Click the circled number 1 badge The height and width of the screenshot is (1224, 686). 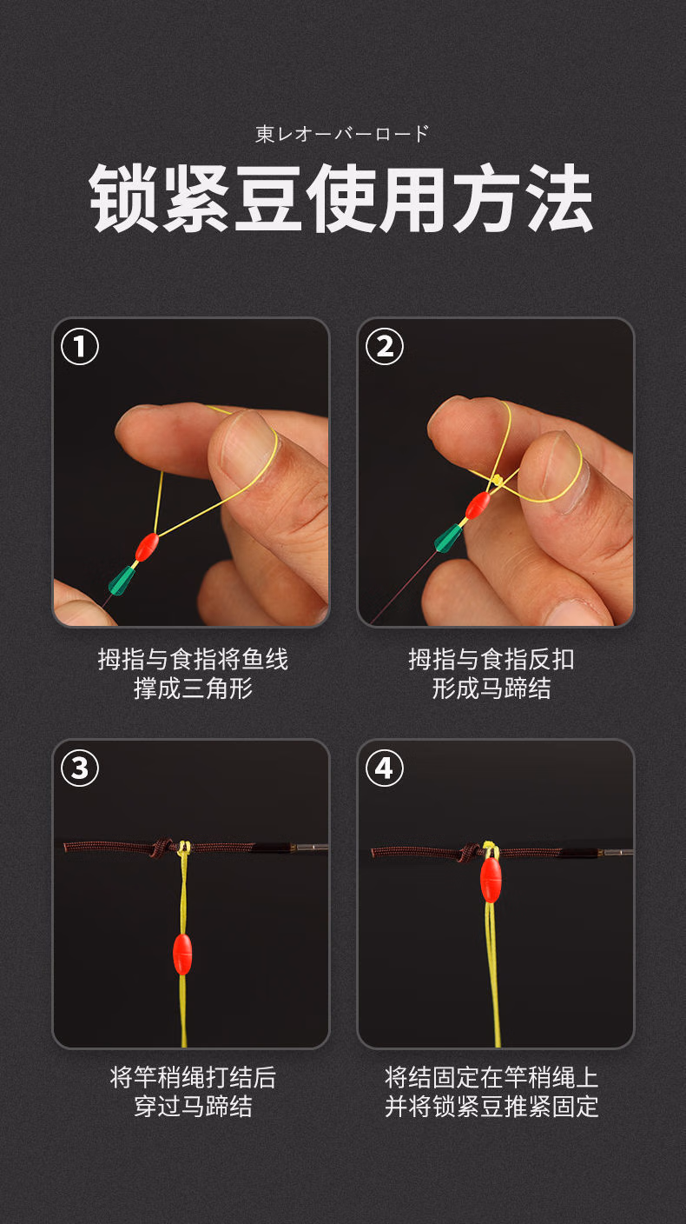click(x=80, y=347)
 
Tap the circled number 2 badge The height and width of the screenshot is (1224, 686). click(x=384, y=347)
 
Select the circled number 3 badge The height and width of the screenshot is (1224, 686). click(x=80, y=768)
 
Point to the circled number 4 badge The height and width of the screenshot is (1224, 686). click(x=384, y=768)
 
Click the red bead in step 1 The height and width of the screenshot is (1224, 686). click(x=147, y=547)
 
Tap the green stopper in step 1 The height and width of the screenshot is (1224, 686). click(x=122, y=581)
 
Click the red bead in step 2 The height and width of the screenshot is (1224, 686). click(x=478, y=505)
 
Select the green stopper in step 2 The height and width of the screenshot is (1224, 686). click(x=448, y=538)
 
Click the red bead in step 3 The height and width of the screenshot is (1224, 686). click(x=182, y=955)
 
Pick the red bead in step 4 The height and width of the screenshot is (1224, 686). click(x=491, y=880)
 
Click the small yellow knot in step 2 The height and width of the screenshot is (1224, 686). click(x=497, y=480)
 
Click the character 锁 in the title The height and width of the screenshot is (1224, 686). click(x=122, y=199)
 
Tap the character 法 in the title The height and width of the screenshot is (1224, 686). click(x=558, y=199)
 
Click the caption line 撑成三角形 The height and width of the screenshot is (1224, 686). click(x=193, y=688)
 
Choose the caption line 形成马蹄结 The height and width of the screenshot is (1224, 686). click(x=491, y=688)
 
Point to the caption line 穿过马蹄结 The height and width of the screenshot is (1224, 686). click(x=193, y=1107)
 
